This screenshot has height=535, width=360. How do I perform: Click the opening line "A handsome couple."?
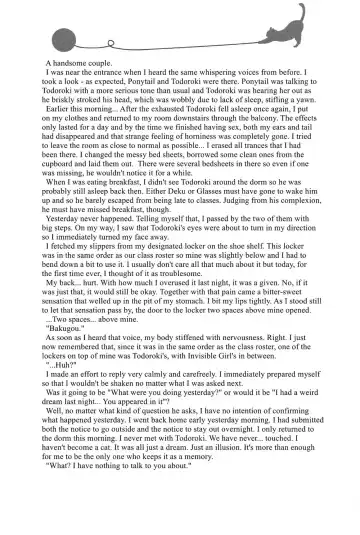pos(79,63)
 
